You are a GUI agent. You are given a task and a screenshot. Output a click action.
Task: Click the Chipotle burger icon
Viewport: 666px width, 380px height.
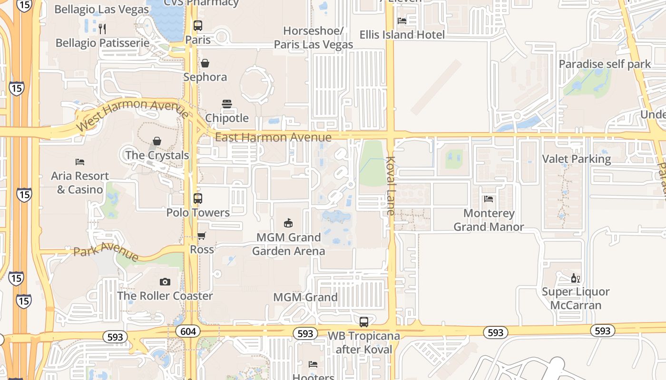[x=227, y=104]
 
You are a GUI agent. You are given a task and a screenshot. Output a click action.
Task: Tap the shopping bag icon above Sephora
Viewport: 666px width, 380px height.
[x=205, y=63]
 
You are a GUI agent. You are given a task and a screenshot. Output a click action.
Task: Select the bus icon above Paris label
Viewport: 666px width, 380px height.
[x=198, y=26]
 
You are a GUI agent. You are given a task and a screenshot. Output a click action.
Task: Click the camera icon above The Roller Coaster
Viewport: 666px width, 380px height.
[x=165, y=282]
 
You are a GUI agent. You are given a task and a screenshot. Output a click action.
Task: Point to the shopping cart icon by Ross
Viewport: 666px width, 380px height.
[x=202, y=236]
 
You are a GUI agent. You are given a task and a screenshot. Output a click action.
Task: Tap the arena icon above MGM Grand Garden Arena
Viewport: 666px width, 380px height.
[x=288, y=223]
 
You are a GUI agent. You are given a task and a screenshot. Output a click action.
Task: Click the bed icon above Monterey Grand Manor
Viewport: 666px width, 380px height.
[x=489, y=199]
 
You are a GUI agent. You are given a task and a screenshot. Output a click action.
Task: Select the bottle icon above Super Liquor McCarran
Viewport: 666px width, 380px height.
[x=576, y=278]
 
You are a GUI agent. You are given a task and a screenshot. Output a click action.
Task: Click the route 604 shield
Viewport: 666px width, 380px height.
[x=188, y=331]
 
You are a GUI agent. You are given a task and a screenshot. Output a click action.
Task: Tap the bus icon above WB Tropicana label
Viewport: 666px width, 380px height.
[x=364, y=322]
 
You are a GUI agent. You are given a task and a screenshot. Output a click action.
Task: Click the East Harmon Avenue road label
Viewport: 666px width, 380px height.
[x=273, y=137]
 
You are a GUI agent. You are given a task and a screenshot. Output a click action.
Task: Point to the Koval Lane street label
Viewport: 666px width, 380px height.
[x=391, y=186]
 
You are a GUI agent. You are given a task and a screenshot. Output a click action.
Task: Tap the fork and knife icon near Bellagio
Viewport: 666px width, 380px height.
[x=102, y=28]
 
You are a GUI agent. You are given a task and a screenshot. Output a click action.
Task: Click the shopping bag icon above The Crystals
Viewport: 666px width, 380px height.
[x=157, y=141]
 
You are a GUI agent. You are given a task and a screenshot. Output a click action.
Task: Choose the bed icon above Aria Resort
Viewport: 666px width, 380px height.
[x=80, y=162]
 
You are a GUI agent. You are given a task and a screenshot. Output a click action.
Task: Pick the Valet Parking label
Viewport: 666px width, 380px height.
[x=577, y=159]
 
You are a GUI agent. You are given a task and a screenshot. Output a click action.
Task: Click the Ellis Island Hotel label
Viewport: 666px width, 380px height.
[x=402, y=35]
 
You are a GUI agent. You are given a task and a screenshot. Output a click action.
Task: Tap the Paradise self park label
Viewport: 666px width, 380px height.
[x=605, y=64]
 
